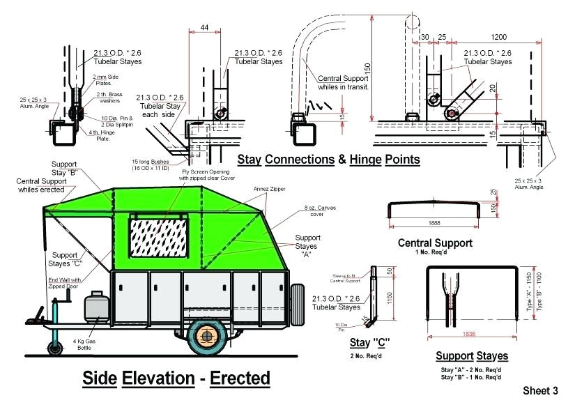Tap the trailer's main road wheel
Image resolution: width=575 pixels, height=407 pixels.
(207, 334)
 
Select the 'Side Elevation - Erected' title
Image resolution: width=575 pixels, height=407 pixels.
(176, 378)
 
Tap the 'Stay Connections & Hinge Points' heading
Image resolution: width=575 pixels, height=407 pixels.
(328, 160)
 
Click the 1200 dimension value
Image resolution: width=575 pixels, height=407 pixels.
(498, 37)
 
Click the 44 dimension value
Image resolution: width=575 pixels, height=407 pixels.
(204, 27)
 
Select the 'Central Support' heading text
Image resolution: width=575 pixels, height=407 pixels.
(435, 244)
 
